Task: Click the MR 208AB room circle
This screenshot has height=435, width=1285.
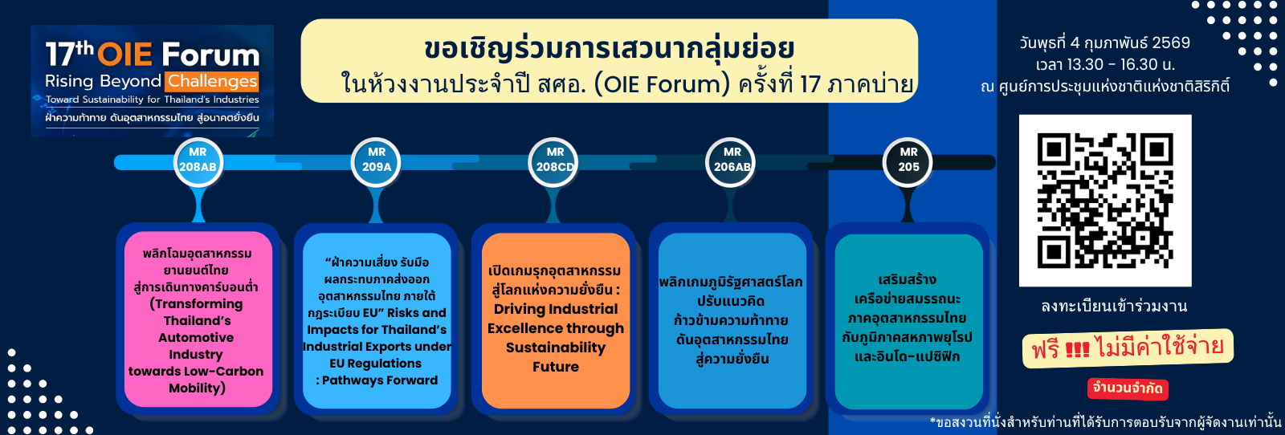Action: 198,160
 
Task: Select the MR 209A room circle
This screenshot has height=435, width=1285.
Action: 376,160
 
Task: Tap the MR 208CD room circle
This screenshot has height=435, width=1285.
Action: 555,160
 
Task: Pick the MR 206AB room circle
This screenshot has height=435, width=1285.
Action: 732,160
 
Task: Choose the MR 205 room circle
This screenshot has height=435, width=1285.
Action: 908,160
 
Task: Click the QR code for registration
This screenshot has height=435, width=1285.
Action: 1104,201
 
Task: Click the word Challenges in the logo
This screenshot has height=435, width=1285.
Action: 212,81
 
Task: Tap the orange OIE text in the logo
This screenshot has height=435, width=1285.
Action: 124,55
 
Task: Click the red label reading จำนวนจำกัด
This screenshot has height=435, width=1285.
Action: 1128,388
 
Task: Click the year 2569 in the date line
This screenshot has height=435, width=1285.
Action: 1171,43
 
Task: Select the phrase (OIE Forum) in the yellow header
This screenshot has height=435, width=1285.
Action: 662,83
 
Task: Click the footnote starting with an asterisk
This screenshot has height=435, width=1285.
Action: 1105,422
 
